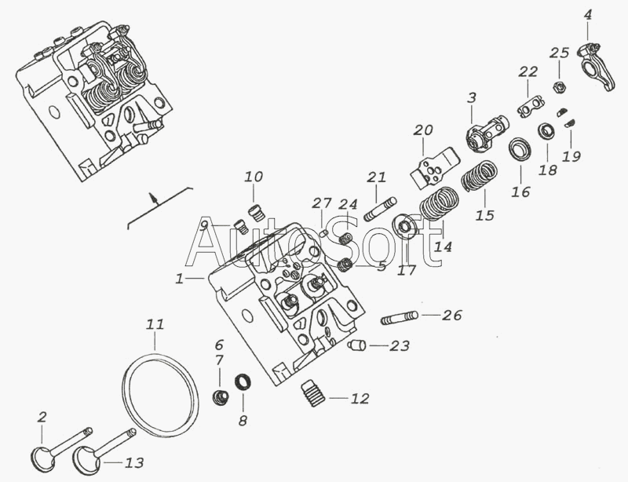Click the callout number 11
coord(155,323)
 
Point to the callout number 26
coord(452,316)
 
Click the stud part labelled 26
coord(400,318)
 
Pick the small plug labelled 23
coord(356,345)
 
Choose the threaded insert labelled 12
coord(312,393)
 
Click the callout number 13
coord(134,463)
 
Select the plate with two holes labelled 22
coord(531,106)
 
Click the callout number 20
coord(423,130)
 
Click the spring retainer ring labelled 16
coord(520,148)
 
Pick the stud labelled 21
coord(380,209)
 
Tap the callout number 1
coord(180,279)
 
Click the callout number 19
coord(571,156)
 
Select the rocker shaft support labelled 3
coord(486,133)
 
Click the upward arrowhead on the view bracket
coord(152,196)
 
